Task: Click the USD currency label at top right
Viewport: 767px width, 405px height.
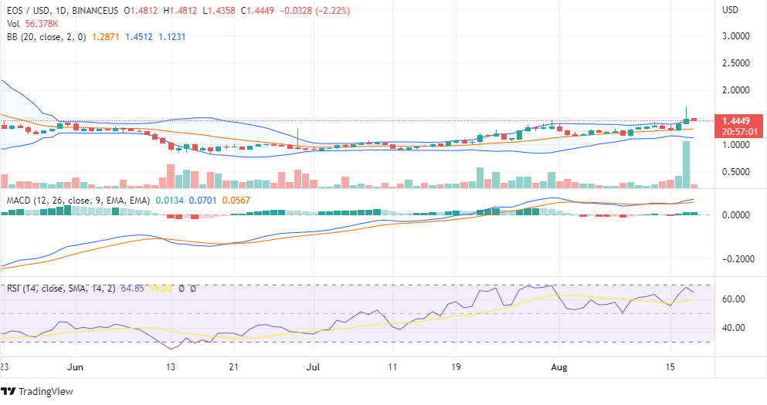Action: [x=730, y=10]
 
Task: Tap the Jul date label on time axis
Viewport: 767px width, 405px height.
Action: [x=314, y=367]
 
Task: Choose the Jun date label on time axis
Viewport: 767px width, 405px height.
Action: [x=75, y=367]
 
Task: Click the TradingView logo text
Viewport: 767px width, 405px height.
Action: [x=46, y=392]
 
